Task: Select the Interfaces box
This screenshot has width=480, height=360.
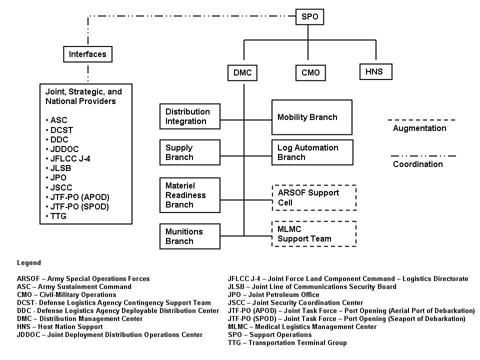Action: pos(87,54)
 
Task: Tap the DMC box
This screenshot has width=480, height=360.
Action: pos(242,73)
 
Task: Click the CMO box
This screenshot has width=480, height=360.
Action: pos(310,73)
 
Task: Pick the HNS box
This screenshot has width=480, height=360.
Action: pos(374,71)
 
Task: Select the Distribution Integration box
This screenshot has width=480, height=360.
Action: pos(189,116)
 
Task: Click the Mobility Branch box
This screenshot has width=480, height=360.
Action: pos(311,117)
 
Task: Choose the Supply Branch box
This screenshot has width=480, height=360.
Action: pos(189,152)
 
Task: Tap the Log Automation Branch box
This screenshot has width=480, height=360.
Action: pos(312,152)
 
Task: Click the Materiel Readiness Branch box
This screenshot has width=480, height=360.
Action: pos(189,195)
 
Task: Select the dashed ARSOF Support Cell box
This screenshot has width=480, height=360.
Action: pos(313,197)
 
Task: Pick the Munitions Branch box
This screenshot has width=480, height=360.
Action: pos(189,236)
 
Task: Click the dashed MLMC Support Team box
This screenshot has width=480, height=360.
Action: pos(313,234)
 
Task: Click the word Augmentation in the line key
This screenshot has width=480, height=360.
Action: pos(419,128)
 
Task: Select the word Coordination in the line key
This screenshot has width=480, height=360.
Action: pos(418,164)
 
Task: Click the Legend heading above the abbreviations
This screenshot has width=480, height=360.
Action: pos(29,263)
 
